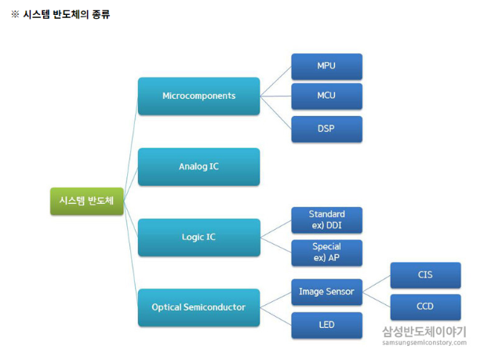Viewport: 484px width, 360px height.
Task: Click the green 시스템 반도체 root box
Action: click(86, 200)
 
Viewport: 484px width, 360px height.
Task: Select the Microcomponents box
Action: click(198, 96)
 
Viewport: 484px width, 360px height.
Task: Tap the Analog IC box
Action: click(198, 166)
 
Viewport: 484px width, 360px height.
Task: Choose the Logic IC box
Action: click(198, 237)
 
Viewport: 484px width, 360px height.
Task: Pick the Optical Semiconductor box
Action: click(198, 307)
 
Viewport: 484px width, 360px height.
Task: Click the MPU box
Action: click(326, 66)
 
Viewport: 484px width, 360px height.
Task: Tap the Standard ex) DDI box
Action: click(326, 220)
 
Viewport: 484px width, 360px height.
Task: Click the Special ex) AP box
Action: click(326, 252)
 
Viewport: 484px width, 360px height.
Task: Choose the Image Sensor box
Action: click(326, 292)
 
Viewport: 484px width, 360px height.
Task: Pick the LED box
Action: click(326, 324)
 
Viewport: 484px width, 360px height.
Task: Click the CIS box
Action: click(424, 275)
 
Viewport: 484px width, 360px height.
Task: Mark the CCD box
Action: click(424, 307)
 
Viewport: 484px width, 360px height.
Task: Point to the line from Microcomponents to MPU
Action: click(275, 82)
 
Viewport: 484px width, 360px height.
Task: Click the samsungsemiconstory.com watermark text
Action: click(424, 342)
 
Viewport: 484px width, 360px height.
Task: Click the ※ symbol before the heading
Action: click(14, 14)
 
